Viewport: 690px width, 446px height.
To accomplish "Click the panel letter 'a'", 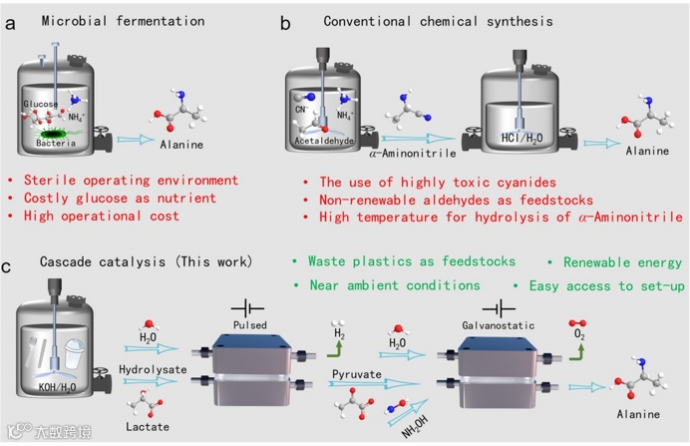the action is pos(10,23).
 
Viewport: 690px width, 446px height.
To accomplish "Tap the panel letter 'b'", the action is pos(285,23).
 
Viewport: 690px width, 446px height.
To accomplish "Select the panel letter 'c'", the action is pos(6,266).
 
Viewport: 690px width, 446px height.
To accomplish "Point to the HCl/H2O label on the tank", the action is pos(521,138).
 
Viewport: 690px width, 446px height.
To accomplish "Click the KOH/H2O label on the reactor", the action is pos(57,387).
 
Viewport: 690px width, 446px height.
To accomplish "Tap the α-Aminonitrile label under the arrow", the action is pos(413,154).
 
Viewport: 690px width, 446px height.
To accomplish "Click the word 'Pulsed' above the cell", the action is pos(250,325).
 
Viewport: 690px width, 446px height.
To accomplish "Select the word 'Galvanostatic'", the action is pos(499,325).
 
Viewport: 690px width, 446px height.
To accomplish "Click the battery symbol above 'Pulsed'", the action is pos(247,308).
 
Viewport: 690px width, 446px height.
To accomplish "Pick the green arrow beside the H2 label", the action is pos(335,349).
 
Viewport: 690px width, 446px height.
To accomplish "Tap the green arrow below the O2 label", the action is pos(577,352).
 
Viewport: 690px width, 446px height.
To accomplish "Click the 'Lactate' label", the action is pos(148,427).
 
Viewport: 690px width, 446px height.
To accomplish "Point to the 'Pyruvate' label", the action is pos(356,374).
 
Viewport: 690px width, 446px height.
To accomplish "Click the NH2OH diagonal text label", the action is pos(415,427).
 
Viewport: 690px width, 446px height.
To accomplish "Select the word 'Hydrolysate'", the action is pos(153,369).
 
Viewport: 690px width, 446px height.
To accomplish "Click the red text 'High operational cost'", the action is pos(102,216).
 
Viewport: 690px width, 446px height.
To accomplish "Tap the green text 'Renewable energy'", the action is pos(622,262).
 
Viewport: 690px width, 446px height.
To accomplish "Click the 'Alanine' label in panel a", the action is pos(181,145).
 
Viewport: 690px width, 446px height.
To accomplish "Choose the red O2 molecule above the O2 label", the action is pos(577,323).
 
